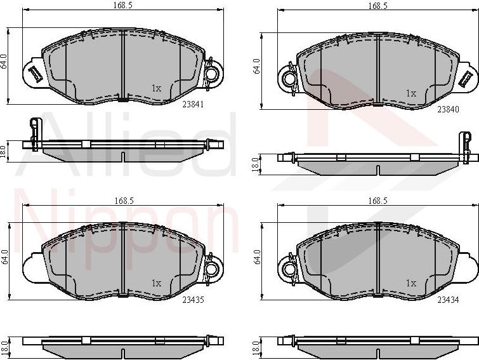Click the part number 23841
(x=194, y=105)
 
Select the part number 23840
(x=448, y=109)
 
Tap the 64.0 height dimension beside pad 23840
(x=257, y=67)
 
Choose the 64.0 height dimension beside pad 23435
(x=4, y=257)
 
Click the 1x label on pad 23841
(x=156, y=88)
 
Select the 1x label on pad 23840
(x=410, y=93)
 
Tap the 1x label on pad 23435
(x=156, y=283)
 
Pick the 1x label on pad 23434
(x=410, y=283)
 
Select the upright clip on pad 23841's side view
(x=35, y=130)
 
